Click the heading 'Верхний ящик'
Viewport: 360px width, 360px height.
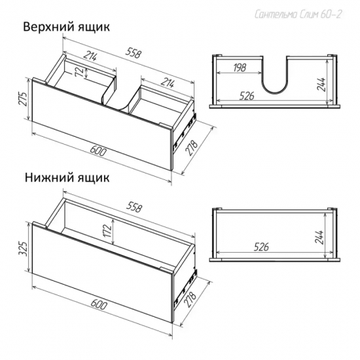pos(67,27)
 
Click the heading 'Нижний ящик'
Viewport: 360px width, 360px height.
pos(67,178)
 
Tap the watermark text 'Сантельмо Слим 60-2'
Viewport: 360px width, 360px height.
pos(298,14)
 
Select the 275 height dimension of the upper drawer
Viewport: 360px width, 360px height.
pos(24,99)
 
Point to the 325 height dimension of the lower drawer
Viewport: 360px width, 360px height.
pos(24,247)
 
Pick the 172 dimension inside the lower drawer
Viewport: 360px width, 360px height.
pos(108,231)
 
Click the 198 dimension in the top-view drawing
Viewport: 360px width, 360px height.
pos(240,67)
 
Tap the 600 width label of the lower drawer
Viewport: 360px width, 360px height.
pos(99,304)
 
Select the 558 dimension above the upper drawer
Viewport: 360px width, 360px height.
pos(133,54)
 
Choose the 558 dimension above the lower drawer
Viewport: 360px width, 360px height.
pos(135,207)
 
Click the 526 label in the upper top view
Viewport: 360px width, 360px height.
pos(247,96)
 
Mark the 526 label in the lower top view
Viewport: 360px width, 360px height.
pos(261,247)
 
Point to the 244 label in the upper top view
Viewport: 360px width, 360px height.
pos(321,84)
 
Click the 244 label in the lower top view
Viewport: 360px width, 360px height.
pos(319,237)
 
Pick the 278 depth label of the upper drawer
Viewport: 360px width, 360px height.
pos(192,147)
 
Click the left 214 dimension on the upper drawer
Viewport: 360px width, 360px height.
pos(90,56)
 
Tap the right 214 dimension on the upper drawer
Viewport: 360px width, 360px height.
pos(167,83)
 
